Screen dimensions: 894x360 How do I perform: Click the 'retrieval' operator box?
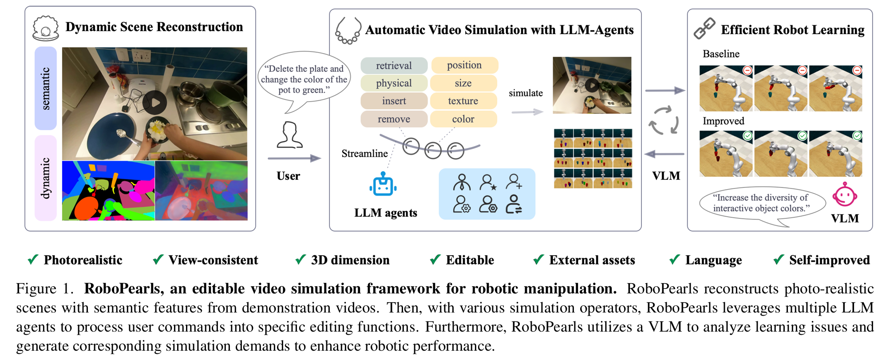click(394, 65)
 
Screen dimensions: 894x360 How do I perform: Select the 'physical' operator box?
click(394, 83)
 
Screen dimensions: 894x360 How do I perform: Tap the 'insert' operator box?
click(394, 101)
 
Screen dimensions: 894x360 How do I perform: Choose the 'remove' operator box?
click(394, 119)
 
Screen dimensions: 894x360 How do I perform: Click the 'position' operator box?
click(464, 65)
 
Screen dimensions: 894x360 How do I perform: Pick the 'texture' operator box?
click(463, 101)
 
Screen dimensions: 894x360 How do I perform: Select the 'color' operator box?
click(463, 119)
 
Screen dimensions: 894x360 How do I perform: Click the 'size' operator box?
click(463, 83)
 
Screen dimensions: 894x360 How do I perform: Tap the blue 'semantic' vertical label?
click(46, 88)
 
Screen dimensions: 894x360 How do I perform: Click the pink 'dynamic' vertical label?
click(46, 178)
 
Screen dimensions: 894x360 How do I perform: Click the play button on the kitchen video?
click(155, 103)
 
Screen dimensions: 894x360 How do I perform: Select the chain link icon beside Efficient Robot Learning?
click(704, 28)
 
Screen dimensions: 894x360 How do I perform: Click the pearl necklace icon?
click(348, 31)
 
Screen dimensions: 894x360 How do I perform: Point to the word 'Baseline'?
click(721, 54)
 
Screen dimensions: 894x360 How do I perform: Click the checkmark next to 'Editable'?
click(435, 259)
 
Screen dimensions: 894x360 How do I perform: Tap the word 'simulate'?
click(526, 93)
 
